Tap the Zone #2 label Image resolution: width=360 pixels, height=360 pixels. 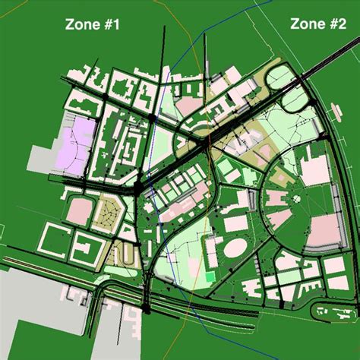[x=317, y=24]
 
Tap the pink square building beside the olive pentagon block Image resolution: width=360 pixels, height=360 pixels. [x=78, y=211]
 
